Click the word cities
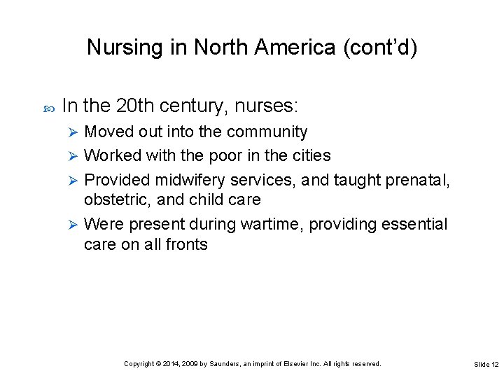click(x=309, y=155)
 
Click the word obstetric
click(x=117, y=199)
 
